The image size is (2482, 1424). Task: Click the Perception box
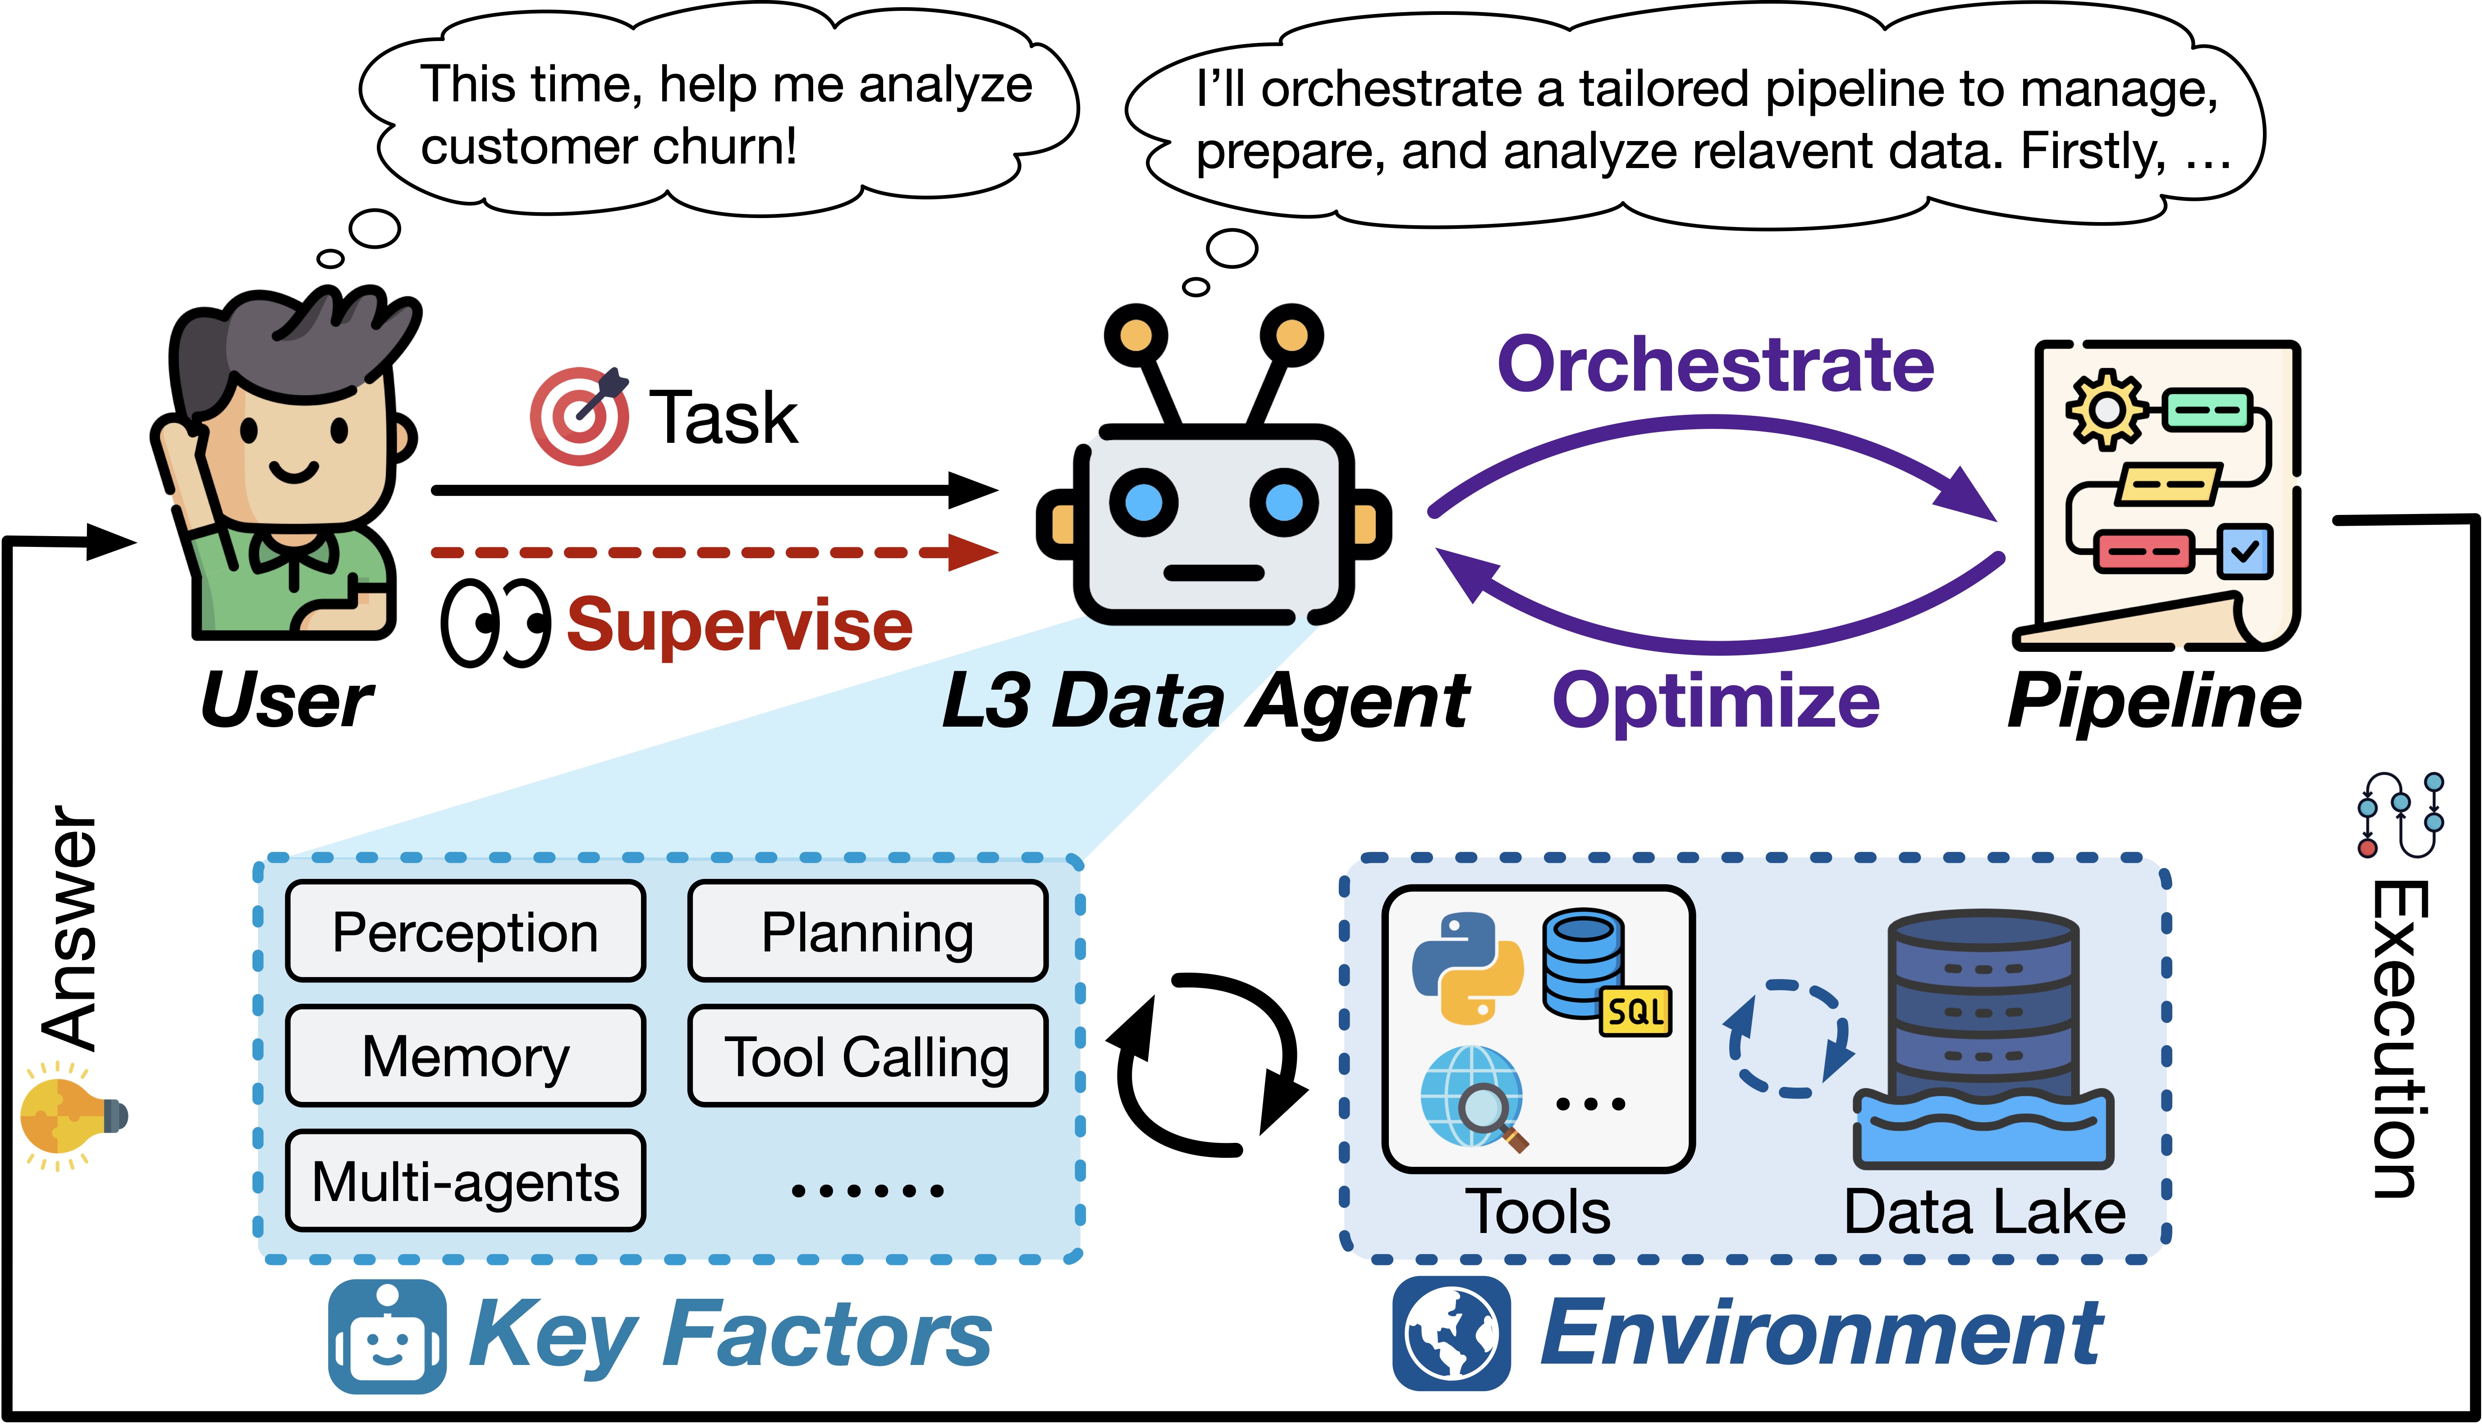pyautogui.click(x=466, y=931)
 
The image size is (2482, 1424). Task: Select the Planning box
pyautogui.click(x=868, y=931)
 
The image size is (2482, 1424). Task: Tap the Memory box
pyautogui.click(x=466, y=1056)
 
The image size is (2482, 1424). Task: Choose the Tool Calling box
pyautogui.click(x=868, y=1056)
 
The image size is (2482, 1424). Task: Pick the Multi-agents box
pyautogui.click(x=466, y=1180)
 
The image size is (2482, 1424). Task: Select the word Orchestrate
pyautogui.click(x=1716, y=364)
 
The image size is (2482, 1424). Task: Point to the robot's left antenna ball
pyautogui.click(x=1136, y=336)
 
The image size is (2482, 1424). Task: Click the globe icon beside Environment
pyautogui.click(x=1452, y=1334)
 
